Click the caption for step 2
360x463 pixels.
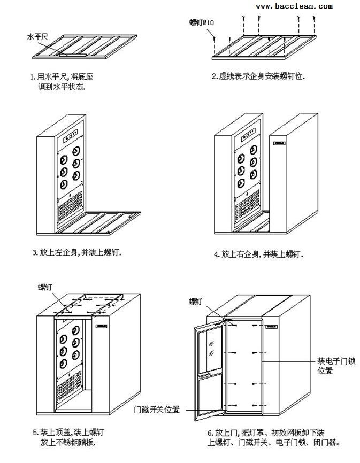tap(258, 76)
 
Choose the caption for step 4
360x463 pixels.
tap(258, 254)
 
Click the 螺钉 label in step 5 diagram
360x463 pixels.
tap(45, 287)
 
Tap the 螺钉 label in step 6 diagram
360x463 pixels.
tap(196, 302)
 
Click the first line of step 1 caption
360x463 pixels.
tap(65, 76)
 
